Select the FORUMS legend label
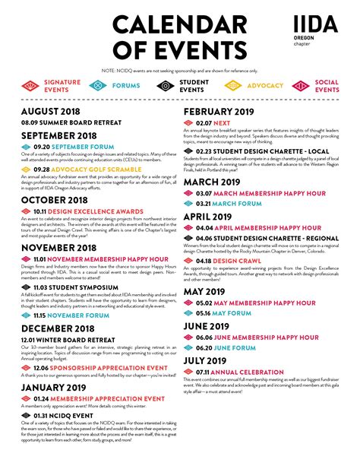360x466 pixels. (x=125, y=86)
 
